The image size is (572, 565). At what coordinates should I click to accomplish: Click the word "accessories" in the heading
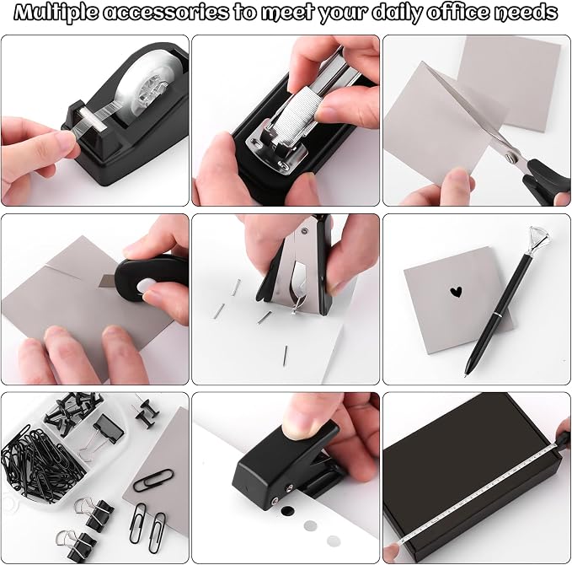166,13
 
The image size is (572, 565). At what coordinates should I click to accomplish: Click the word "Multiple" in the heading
56,13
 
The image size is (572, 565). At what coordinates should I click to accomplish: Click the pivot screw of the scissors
510,158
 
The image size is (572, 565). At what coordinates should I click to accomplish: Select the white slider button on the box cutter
145,286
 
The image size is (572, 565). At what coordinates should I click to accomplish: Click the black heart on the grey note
456,292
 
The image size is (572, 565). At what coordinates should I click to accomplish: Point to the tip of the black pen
466,375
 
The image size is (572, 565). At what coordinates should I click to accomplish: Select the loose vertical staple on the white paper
286,355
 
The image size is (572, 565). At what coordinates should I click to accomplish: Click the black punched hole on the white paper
287,510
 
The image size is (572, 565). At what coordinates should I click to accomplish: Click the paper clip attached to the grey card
153,480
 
